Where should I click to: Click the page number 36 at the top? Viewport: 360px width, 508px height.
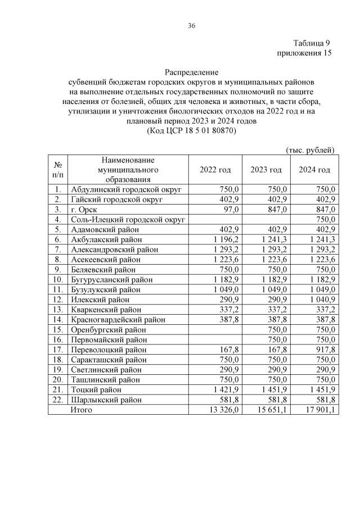(191, 25)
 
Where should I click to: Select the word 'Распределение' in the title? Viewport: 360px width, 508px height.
(191, 72)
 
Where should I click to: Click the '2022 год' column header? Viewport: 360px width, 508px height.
(215, 170)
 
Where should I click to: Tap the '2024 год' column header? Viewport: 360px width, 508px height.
(314, 170)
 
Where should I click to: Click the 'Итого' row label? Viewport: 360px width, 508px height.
(81, 410)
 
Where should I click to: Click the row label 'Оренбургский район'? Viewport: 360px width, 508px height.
(109, 329)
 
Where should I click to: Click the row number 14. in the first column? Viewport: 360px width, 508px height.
(58, 319)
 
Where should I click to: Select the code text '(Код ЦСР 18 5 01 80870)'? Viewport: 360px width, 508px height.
(191, 130)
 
